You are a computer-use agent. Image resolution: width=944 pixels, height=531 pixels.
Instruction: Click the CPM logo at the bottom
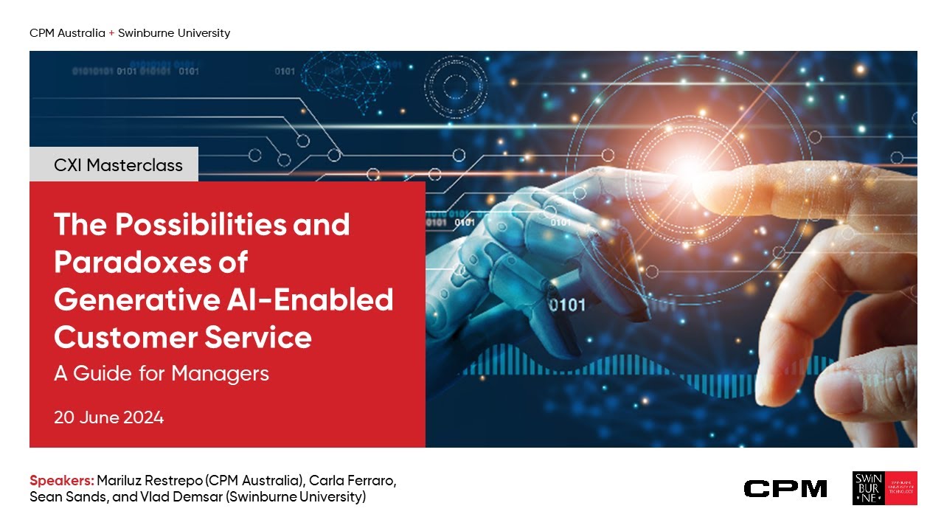[x=785, y=488]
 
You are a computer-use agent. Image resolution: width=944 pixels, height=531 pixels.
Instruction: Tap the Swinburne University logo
[x=884, y=488]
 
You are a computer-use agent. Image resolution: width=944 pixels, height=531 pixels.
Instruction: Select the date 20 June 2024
[x=108, y=417]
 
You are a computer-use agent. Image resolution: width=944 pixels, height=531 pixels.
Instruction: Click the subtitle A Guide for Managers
[x=161, y=373]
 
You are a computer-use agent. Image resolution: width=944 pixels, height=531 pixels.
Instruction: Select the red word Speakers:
[x=62, y=481]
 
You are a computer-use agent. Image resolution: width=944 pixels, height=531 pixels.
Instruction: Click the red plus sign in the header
[x=111, y=33]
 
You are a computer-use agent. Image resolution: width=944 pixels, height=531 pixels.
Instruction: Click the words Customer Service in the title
[x=182, y=337]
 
